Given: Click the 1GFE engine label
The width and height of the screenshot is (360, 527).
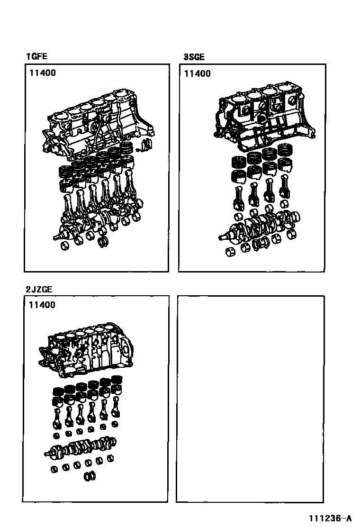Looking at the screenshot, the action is click(37, 56).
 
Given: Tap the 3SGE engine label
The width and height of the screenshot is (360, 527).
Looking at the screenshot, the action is click(194, 57).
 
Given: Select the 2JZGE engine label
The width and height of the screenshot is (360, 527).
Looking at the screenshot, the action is click(39, 290).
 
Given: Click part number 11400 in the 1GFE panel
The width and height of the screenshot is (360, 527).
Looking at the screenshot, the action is click(42, 73).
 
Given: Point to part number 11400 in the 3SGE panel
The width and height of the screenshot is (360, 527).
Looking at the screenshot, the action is click(198, 73).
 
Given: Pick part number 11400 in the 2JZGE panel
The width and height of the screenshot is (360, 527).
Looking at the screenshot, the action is click(42, 305).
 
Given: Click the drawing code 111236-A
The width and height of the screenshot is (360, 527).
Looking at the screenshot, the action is click(330, 518).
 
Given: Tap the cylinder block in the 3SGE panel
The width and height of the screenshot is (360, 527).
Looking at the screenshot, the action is click(264, 116).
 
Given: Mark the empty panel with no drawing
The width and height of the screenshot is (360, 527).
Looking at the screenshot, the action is click(251, 399).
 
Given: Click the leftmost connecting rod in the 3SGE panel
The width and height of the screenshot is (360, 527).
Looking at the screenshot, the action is click(238, 197).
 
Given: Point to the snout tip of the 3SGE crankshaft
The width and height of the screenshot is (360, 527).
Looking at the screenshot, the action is click(221, 238).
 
